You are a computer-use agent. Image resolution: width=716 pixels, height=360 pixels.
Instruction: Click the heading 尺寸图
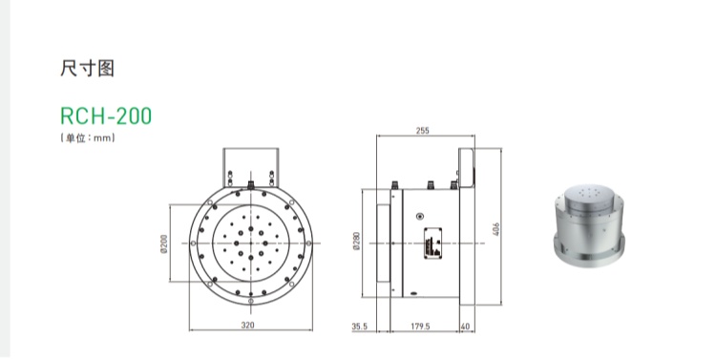click(87, 69)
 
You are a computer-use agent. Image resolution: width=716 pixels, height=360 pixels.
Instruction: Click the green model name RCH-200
click(106, 116)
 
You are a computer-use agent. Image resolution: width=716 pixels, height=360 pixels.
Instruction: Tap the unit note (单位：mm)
click(87, 138)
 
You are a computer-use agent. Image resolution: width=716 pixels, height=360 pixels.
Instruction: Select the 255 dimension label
click(423, 131)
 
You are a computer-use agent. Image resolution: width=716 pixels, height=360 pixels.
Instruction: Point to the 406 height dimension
click(496, 229)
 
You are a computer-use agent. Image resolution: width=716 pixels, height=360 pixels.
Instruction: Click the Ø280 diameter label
click(357, 241)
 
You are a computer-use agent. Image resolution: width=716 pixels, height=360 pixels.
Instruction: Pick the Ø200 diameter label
click(164, 244)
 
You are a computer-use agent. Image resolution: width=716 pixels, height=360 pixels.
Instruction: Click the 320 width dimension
click(247, 326)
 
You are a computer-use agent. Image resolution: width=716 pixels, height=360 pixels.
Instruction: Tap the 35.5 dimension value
click(359, 327)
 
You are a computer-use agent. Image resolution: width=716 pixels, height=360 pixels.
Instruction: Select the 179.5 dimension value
click(420, 327)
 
